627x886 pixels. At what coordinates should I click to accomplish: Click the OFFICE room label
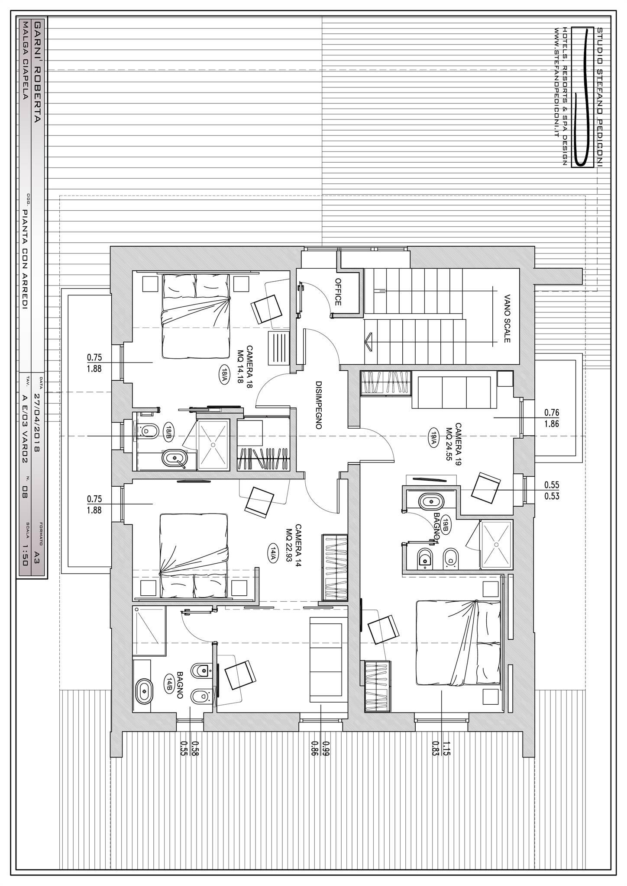[x=338, y=292]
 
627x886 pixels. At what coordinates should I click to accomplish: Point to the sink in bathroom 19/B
[x=431, y=501]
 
